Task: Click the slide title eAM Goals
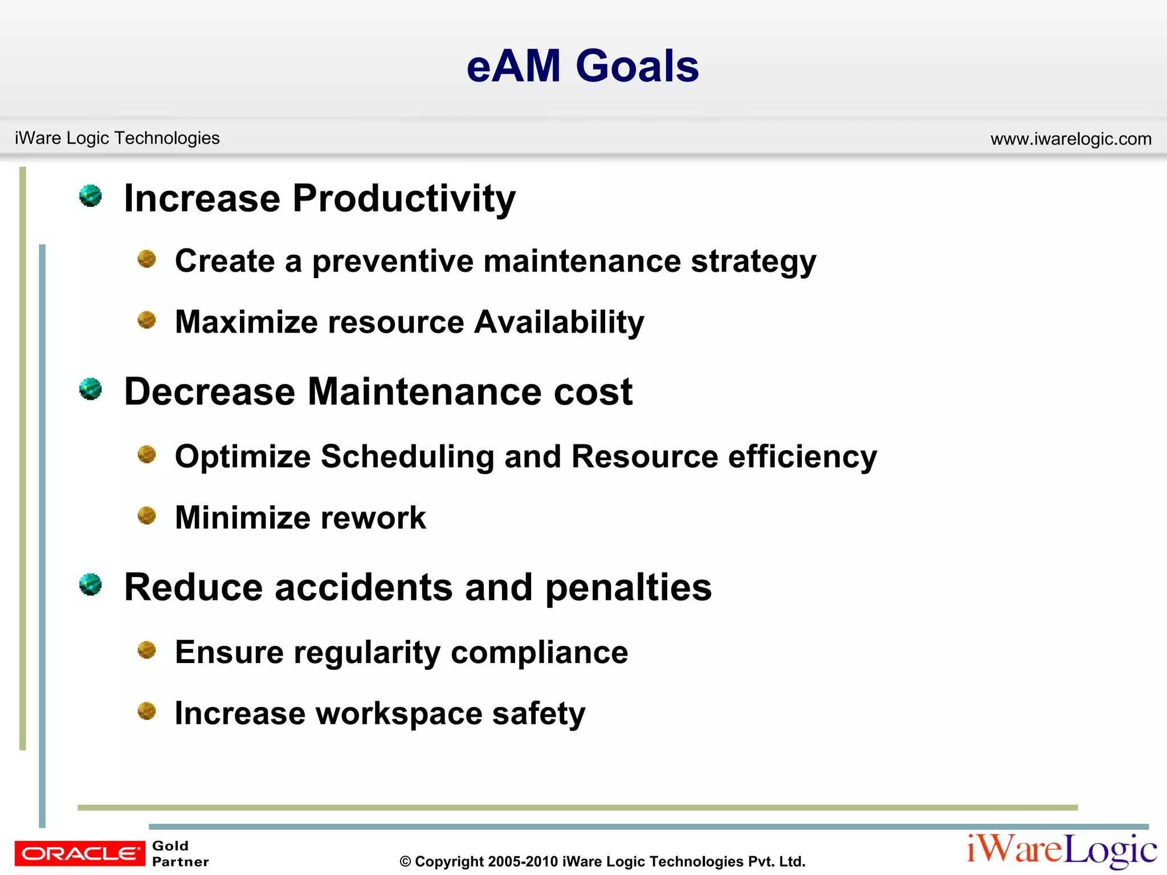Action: pos(582,66)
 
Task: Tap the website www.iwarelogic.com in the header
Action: pos(1071,139)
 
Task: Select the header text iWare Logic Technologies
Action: pos(117,138)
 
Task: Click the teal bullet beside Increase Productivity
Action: pos(91,196)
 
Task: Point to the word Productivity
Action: pos(403,199)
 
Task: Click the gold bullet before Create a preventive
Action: pos(147,259)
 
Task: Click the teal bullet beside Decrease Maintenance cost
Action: pos(91,390)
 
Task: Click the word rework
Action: pos(373,518)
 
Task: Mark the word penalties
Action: pos(628,588)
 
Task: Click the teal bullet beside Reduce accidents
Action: pos(91,585)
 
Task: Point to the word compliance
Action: pos(539,653)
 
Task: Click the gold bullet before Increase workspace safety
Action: pos(147,712)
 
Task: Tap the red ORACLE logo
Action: pos(80,853)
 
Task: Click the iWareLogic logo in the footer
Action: pos(1062,851)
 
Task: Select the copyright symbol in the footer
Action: pos(405,862)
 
